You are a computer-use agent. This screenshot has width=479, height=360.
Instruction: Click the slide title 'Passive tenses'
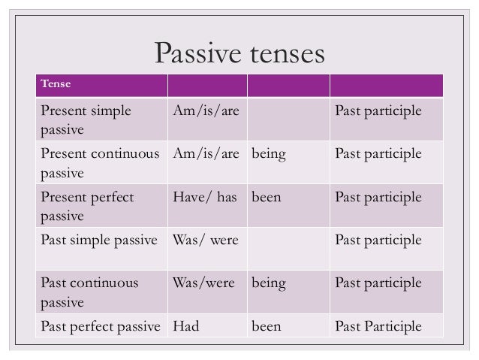coord(239,53)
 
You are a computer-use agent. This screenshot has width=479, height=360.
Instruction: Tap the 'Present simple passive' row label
coord(85,120)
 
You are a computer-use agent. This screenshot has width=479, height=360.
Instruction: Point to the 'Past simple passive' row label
coord(99,241)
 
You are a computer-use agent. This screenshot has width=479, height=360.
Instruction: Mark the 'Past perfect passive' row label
coord(101,327)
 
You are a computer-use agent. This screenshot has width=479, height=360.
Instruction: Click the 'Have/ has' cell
coord(204,198)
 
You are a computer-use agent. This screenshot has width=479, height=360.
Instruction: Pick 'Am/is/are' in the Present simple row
coord(206,111)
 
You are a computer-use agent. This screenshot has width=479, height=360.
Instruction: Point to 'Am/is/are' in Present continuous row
coord(206,154)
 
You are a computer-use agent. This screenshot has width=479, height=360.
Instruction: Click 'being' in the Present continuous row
coord(269,154)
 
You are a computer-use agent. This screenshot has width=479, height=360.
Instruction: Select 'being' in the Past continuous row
coord(269,284)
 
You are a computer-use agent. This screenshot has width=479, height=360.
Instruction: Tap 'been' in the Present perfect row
coord(267,198)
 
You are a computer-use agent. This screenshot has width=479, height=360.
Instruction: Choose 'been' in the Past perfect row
coord(267,327)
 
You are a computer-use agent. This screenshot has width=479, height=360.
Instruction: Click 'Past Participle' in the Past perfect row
coord(378,327)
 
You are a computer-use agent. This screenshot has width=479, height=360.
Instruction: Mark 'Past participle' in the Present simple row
coord(378,111)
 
